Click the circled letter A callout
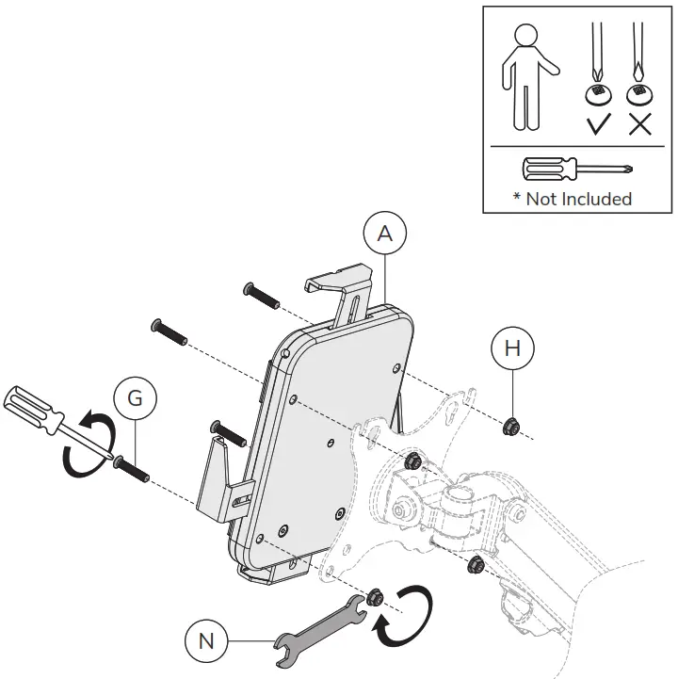pos(384,234)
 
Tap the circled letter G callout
pos(135,397)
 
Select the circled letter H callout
pos(512,349)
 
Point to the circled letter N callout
pos(205,643)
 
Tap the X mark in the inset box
pos(639,123)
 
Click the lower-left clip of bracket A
pos(218,479)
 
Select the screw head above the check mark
pos(595,92)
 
